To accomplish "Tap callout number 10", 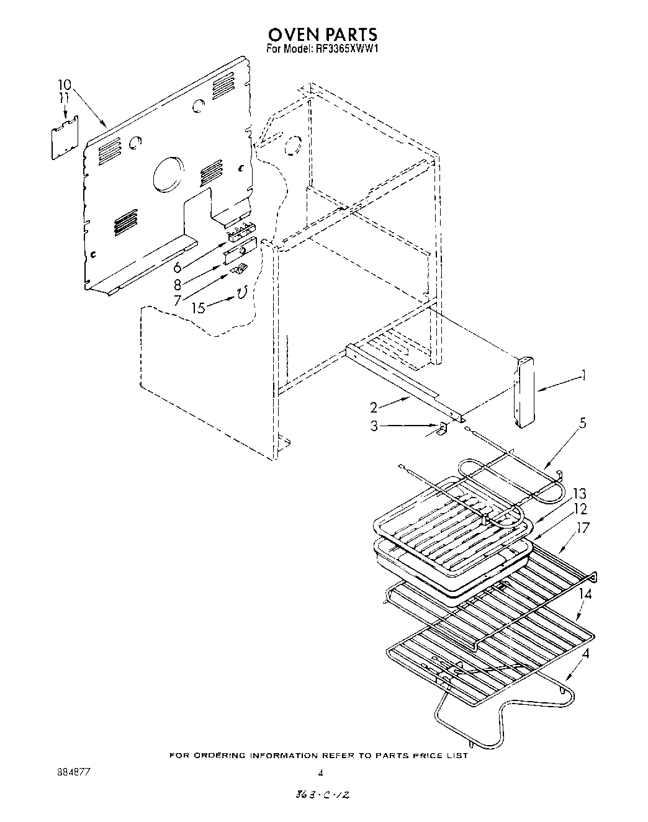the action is (65, 85).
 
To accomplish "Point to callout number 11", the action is (64, 98).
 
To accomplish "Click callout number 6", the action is (178, 267).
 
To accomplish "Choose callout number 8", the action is (178, 285).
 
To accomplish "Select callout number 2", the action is (374, 407).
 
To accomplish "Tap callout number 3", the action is (374, 426).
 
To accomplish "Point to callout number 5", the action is (582, 424).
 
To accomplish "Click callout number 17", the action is (581, 528).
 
